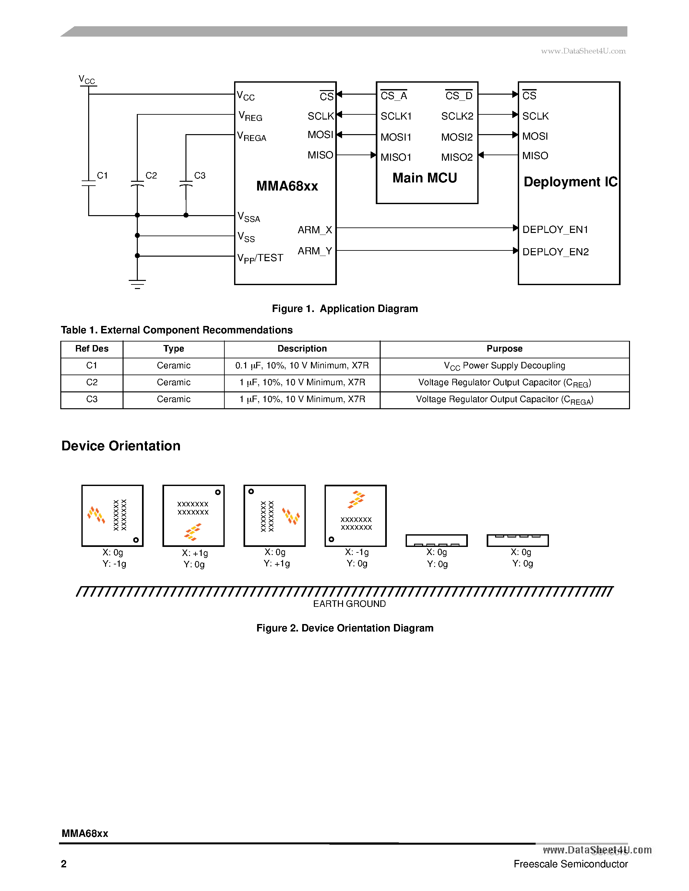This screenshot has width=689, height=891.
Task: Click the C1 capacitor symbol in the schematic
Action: point(89,183)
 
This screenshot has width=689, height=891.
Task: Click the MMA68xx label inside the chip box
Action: point(287,186)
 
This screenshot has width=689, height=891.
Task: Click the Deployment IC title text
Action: point(570,181)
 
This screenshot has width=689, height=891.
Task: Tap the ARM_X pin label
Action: point(315,230)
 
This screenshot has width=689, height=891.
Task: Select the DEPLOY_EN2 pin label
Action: point(555,252)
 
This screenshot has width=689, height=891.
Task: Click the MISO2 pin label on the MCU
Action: point(457,157)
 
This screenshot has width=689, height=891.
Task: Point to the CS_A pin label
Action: point(394,96)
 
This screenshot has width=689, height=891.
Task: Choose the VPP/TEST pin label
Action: point(260,258)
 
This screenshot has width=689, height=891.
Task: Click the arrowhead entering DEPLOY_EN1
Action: point(516,228)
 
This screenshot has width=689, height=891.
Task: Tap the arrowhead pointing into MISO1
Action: point(373,155)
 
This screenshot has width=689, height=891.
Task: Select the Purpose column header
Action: point(504,348)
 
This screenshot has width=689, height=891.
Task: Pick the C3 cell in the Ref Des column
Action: point(92,399)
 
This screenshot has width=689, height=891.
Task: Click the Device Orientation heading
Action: point(121,445)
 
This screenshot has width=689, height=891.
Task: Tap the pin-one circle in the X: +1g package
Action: point(218,492)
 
